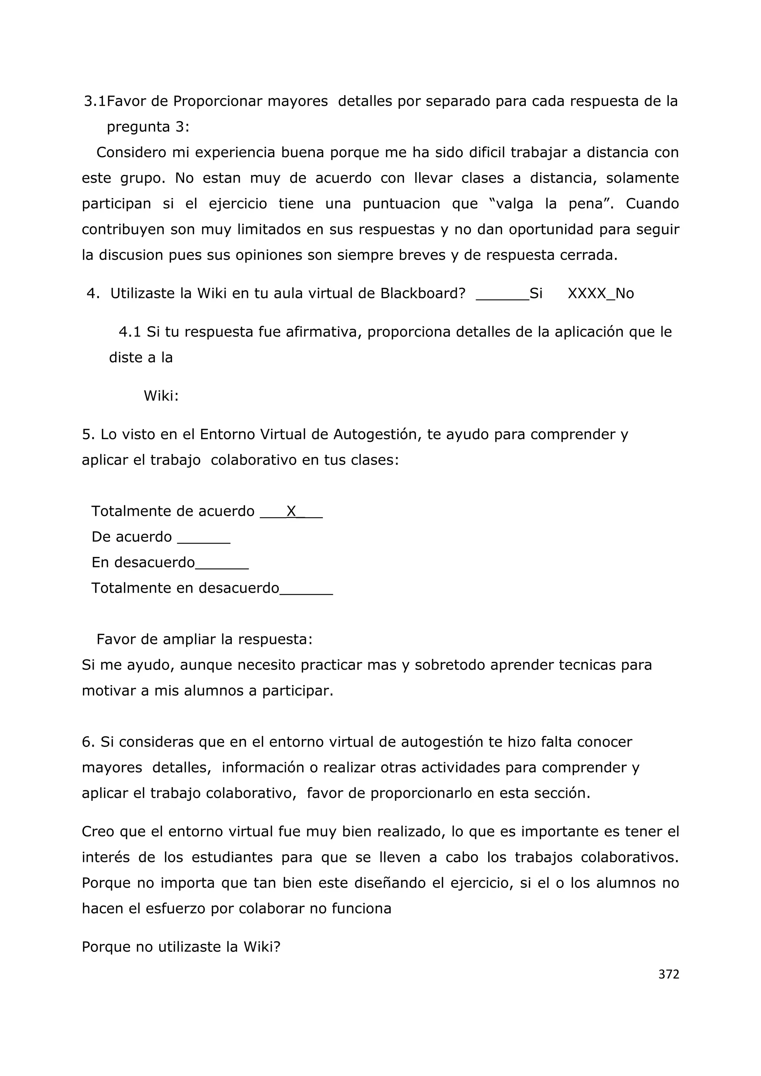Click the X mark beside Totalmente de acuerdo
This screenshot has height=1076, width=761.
point(291,511)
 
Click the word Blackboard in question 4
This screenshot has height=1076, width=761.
point(422,294)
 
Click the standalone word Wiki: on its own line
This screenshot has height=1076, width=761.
point(161,396)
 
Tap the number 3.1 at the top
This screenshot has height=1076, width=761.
point(95,101)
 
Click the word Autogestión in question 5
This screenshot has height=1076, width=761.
point(373,434)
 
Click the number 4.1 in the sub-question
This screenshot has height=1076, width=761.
point(130,332)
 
